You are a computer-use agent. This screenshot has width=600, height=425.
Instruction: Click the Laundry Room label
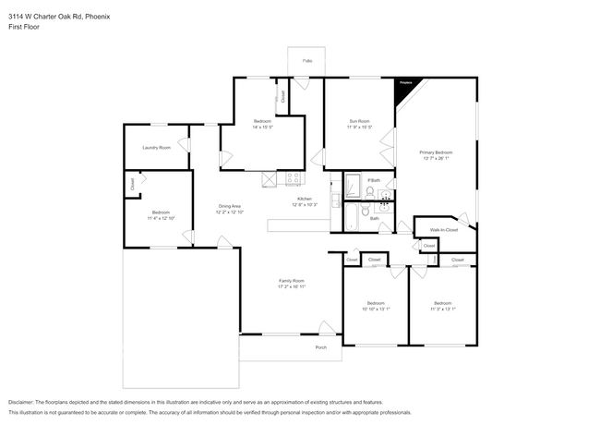pos(156,148)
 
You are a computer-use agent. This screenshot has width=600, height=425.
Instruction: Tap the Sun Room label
pos(359,121)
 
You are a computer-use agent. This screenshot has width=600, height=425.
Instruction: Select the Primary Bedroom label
pos(436,152)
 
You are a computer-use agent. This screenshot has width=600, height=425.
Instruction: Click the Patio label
pos(307,61)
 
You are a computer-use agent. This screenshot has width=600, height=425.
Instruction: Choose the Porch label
pos(321,347)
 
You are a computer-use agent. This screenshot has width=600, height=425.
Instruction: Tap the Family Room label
pos(292,281)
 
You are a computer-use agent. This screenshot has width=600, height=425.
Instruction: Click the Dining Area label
pos(229,206)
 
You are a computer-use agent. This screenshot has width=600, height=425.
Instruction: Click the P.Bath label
pos(374,179)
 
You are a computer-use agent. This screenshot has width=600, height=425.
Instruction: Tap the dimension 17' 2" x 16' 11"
pos(292,287)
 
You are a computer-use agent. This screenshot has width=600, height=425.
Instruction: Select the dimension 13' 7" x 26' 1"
pos(436,158)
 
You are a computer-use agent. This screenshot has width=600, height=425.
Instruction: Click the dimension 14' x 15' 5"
pos(261,127)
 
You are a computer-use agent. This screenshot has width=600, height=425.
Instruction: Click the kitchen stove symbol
pos(294,178)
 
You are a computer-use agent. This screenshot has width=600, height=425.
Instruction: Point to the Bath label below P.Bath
pos(374,219)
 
